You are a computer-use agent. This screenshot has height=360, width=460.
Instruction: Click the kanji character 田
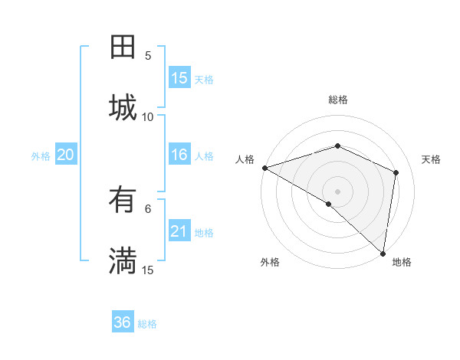pyautogui.click(x=123, y=47)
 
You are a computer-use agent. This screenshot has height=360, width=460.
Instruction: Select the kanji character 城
pyautogui.click(x=123, y=107)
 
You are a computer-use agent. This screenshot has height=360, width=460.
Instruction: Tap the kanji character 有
pyautogui.click(x=123, y=200)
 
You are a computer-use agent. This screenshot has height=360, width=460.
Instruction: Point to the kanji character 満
pyautogui.click(x=123, y=260)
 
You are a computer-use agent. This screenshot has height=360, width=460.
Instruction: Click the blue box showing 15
pyautogui.click(x=179, y=78)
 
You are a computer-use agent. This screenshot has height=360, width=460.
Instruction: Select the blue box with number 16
pyautogui.click(x=179, y=155)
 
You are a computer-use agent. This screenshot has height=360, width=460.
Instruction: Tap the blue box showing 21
pyautogui.click(x=179, y=231)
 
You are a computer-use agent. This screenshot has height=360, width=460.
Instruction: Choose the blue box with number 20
pyautogui.click(x=65, y=155)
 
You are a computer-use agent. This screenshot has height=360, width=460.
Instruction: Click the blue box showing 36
pyautogui.click(x=123, y=322)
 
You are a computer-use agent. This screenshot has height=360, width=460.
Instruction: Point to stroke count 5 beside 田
pyautogui.click(x=148, y=55)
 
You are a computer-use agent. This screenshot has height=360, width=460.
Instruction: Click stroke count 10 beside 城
pyautogui.click(x=148, y=116)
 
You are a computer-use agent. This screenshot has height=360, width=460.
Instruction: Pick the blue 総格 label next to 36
pyautogui.click(x=147, y=324)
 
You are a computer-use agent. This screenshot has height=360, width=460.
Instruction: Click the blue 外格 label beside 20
pyautogui.click(x=41, y=156)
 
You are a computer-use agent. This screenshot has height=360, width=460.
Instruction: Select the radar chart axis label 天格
pyautogui.click(x=431, y=159)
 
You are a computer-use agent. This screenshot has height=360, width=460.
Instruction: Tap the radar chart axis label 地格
pyautogui.click(x=402, y=262)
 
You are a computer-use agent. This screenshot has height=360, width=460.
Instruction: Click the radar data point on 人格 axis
pyautogui.click(x=264, y=168)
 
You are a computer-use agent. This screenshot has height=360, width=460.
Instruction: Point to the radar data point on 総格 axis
pyautogui.click(x=337, y=146)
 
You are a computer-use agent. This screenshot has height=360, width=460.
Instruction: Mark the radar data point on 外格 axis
pyautogui.click(x=329, y=204)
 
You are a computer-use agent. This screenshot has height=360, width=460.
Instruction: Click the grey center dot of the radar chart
pyautogui.click(x=337, y=191)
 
